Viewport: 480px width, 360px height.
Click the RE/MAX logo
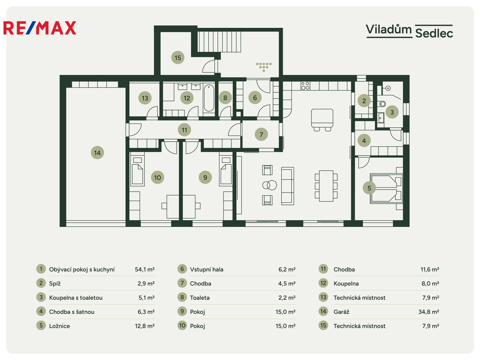40,28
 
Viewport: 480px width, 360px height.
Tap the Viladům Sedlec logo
409,31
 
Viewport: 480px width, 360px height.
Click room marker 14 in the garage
97,153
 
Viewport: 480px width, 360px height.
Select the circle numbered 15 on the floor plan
178,57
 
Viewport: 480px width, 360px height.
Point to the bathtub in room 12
209,98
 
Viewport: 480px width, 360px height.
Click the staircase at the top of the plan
219,42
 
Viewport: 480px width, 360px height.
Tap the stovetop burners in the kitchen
305,86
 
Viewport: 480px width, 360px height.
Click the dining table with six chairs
326,186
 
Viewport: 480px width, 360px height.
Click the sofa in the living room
287,186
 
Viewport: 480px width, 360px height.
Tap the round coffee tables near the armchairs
269,185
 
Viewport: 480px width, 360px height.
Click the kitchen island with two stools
322,120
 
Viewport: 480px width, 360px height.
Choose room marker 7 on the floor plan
261,134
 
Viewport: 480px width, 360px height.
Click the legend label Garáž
341,312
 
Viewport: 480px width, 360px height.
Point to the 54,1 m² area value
145,269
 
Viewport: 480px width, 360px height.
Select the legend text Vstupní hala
206,269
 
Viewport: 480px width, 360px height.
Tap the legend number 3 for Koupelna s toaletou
41,297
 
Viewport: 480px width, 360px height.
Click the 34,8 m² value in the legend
429,312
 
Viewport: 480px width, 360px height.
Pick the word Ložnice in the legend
59,326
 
